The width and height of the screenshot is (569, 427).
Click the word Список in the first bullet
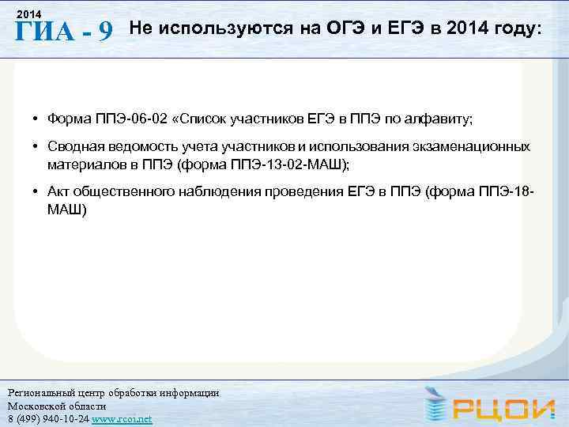(x=206, y=119)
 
